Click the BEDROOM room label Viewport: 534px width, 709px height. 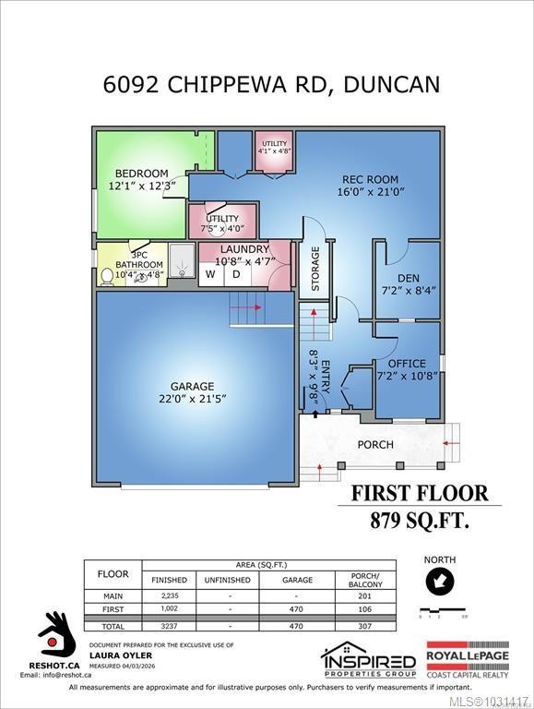click(x=141, y=174)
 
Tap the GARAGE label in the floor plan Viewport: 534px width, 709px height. click(x=192, y=386)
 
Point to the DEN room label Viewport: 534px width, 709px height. click(x=409, y=277)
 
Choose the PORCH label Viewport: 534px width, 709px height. click(x=375, y=444)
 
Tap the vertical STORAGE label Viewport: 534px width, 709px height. click(x=315, y=269)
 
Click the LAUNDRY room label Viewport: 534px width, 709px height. click(x=243, y=249)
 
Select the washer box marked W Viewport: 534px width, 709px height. click(x=210, y=274)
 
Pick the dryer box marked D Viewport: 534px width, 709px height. click(x=236, y=274)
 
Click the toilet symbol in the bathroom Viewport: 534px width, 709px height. click(x=109, y=273)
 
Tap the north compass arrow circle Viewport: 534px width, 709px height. click(x=439, y=582)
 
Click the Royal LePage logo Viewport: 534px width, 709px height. click(x=479, y=661)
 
